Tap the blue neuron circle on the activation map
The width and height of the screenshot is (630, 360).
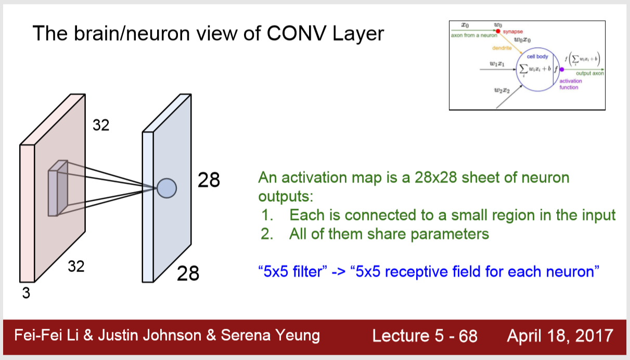coord(167,188)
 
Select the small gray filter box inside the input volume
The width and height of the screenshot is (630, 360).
coord(57,188)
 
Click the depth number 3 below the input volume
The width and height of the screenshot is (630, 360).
coord(26,293)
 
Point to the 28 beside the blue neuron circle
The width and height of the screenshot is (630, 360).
coord(209,180)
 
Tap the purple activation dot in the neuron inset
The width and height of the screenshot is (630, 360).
coord(561,69)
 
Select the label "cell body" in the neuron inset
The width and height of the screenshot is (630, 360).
coord(538,56)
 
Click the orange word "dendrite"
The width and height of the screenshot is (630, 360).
coord(502,48)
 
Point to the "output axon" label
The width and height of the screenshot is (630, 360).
coord(590,73)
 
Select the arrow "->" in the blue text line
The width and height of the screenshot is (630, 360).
coord(339,272)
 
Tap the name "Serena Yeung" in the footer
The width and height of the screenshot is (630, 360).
coord(271,336)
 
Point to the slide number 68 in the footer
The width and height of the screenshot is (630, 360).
coord(468,336)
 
